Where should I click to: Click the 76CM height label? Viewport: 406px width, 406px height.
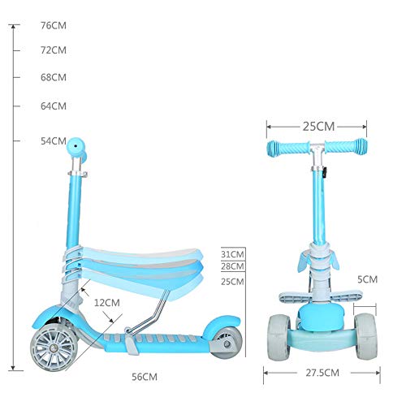[53, 26]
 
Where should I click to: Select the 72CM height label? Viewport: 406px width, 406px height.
[53, 50]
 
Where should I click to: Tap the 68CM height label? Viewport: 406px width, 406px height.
[53, 78]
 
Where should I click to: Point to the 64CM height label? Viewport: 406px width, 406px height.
[53, 106]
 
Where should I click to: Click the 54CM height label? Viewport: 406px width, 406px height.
[53, 141]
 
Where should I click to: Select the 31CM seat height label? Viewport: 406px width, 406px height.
[232, 254]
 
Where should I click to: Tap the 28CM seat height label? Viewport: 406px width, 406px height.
[232, 266]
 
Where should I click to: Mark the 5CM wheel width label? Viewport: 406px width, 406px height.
[369, 279]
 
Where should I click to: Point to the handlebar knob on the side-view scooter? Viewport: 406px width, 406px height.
[75, 145]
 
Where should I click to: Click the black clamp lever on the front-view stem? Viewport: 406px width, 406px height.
[322, 173]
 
